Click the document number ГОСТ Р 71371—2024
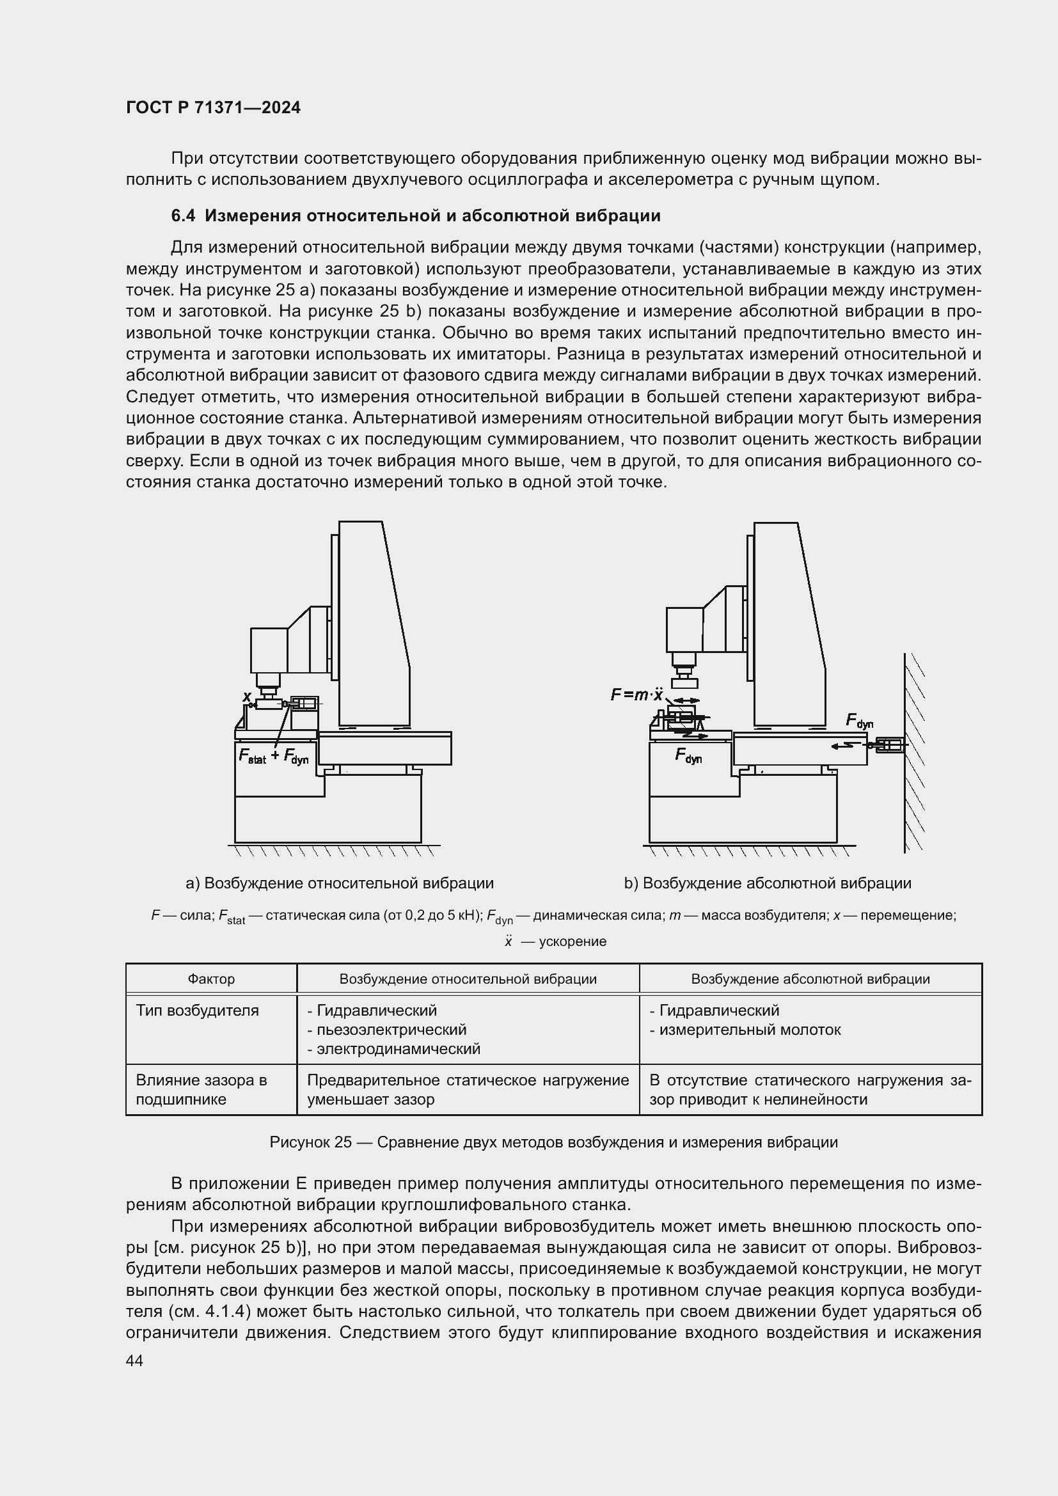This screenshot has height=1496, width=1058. coord(213,108)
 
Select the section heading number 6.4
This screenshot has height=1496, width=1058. coord(183,216)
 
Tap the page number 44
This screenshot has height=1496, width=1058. coord(134,1360)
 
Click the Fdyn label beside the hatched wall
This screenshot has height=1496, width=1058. coord(858,721)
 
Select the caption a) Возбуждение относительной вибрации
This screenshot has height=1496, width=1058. coord(340,883)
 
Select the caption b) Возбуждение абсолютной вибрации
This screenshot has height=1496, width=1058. coord(767,883)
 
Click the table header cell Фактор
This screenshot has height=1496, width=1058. coord(211,979)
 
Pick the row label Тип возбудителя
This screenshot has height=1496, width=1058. coord(198,1011)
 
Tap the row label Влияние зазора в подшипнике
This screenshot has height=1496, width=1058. coord(201,1089)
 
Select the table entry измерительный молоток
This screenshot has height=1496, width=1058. coord(749,1030)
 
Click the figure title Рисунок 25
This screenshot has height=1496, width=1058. coord(310,1142)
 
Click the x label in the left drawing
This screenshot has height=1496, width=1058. coord(246,697)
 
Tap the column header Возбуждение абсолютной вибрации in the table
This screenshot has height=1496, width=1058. coord(810,979)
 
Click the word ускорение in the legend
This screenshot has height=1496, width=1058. coord(572,941)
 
